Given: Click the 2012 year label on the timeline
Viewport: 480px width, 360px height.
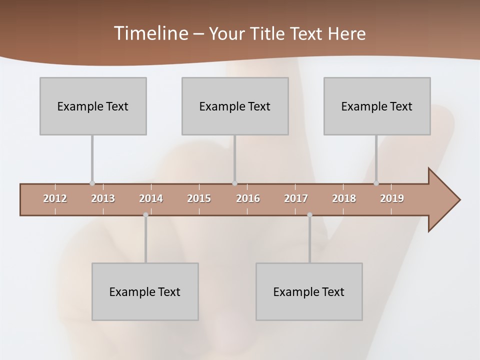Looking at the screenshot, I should [x=55, y=198].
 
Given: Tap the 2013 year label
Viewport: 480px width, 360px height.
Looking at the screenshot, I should [x=103, y=198].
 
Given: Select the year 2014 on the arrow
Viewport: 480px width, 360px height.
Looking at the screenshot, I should [x=151, y=198].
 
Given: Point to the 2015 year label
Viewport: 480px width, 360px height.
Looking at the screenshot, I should [x=199, y=198].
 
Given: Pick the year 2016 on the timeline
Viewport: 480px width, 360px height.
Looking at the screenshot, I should [x=248, y=198].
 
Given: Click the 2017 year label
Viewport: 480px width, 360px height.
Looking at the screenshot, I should [x=296, y=198].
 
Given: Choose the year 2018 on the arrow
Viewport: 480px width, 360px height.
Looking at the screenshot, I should [x=344, y=198].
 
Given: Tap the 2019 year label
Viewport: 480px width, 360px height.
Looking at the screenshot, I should [x=392, y=198].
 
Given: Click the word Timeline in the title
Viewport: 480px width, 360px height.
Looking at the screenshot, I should [x=150, y=33].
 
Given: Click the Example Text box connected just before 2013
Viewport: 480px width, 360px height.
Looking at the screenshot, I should [x=93, y=106].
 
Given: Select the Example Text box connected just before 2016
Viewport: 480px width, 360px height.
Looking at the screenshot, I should [x=235, y=106].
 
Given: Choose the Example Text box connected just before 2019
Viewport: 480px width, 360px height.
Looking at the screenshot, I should [x=377, y=106].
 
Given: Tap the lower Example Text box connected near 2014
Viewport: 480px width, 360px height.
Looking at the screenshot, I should [x=145, y=291].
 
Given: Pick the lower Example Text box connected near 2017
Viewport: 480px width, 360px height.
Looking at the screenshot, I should [x=309, y=291].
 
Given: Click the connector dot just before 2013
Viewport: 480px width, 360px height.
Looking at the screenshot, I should [x=92, y=183].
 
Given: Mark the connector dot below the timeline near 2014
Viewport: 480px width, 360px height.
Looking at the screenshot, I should [x=145, y=215].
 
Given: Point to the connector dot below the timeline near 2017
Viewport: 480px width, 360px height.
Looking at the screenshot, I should [x=309, y=215].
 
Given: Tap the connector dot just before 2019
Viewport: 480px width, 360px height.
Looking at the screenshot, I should [x=376, y=183].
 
